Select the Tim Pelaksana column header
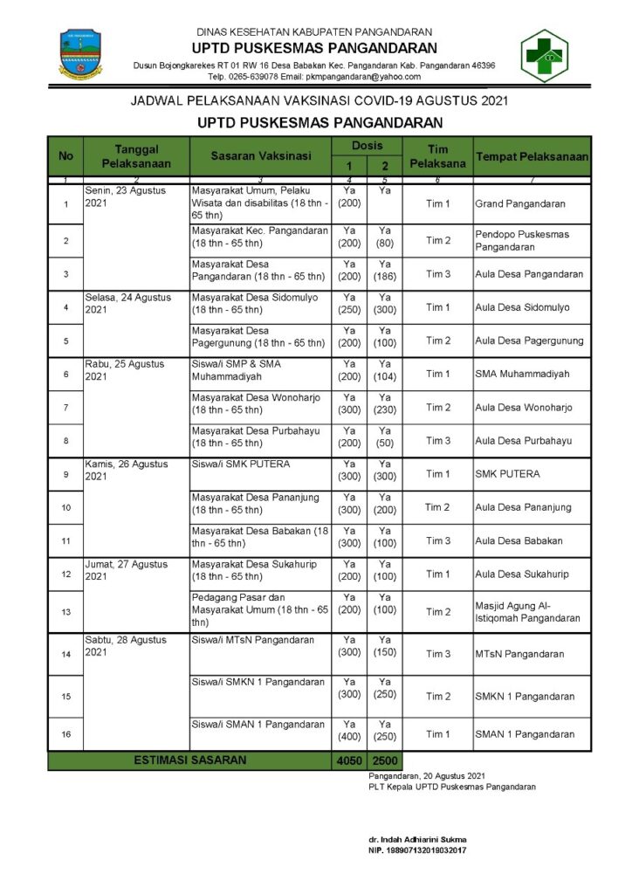click(x=437, y=156)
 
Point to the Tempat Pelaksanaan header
click(x=532, y=156)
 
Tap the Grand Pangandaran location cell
click(x=520, y=204)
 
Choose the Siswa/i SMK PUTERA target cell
click(x=241, y=464)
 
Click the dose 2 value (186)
click(x=385, y=277)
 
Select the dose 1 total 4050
click(x=348, y=761)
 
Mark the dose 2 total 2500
click(x=385, y=761)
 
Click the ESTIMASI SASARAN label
click(x=189, y=760)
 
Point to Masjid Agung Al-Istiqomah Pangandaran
click(x=527, y=612)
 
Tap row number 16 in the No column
click(x=65, y=734)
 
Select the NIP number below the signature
click(x=417, y=850)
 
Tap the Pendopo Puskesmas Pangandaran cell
click(x=522, y=240)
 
